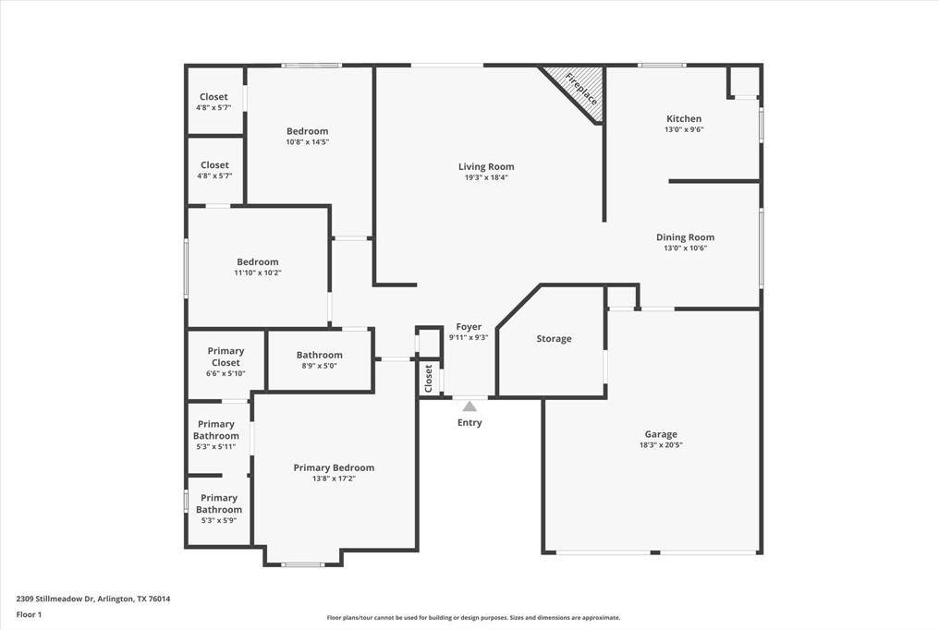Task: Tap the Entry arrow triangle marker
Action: (469, 406)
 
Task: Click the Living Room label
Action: (486, 167)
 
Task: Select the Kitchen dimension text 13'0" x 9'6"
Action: (684, 130)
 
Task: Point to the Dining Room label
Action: (685, 237)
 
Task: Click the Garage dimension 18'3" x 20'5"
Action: (661, 445)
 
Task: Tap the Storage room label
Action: (554, 339)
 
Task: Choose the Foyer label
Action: (469, 327)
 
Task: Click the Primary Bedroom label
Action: (334, 468)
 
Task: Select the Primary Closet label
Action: (226, 357)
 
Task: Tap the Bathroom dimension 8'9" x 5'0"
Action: (320, 366)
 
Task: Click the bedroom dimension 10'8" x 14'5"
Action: (307, 142)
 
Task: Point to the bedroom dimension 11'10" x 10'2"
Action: (257, 273)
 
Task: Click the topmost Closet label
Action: (214, 97)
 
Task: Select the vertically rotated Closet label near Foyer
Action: (429, 377)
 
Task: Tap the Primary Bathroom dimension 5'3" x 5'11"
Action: (215, 447)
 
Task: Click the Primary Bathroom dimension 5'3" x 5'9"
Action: (218, 521)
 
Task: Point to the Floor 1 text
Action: (32, 614)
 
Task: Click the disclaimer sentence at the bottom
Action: (472, 618)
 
